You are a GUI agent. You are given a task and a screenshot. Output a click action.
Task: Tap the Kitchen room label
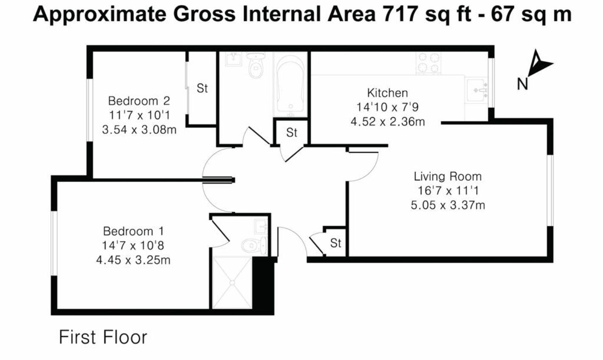click(387, 93)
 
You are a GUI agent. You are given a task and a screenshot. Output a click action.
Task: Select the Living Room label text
click(448, 176)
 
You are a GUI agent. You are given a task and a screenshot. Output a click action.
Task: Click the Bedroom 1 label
click(133, 231)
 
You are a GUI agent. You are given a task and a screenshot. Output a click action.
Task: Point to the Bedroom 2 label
click(139, 101)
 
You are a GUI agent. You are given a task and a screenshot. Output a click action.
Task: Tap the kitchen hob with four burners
click(428, 63)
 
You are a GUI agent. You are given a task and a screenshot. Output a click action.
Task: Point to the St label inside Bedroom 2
click(202, 89)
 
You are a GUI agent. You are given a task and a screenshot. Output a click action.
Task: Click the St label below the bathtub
click(291, 133)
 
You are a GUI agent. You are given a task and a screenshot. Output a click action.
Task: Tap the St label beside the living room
click(335, 243)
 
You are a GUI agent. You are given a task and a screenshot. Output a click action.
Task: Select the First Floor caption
click(103, 337)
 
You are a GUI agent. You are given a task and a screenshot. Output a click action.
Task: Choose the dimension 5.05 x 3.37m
click(448, 205)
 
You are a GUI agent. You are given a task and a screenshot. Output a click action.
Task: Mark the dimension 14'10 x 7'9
click(387, 107)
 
